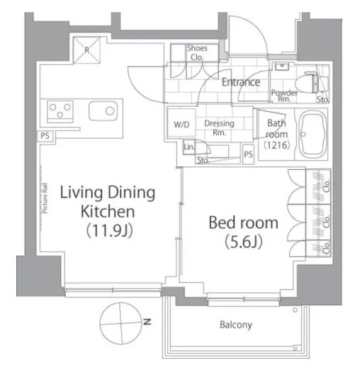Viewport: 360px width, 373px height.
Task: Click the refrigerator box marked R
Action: pos(86,50)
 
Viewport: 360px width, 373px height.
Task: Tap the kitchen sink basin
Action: pos(103,111)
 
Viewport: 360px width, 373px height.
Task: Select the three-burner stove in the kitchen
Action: pos(60,111)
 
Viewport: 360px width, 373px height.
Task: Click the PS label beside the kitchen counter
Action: pos(45,136)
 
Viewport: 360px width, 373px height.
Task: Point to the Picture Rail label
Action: pos(45,198)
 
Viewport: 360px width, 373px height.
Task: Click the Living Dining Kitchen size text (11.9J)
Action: pos(109,231)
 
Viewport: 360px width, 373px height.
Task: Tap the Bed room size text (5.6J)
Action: pos(244,241)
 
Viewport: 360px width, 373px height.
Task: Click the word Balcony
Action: pos(236,325)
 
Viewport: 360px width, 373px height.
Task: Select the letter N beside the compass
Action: pos(147,322)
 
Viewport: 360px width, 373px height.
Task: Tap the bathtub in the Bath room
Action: pos(312,134)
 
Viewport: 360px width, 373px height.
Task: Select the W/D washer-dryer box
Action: pos(181,124)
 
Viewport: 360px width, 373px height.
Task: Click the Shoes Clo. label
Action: pos(197,52)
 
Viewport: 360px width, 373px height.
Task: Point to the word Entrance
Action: pos(241,82)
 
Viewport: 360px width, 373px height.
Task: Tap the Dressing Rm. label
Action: pos(219,127)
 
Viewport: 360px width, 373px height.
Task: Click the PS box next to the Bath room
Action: pos(248,154)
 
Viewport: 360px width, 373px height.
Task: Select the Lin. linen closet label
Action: pos(189,147)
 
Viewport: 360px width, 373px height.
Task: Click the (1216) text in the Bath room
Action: pos(277,145)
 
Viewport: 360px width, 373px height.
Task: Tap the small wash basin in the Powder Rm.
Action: pos(282,66)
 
